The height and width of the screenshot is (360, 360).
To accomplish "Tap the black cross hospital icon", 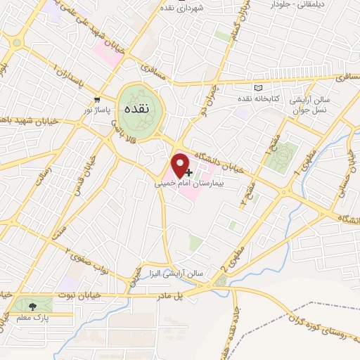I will click(188, 172).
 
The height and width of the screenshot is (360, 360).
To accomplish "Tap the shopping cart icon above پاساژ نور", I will click(96, 99).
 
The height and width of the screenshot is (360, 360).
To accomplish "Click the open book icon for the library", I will click(258, 86).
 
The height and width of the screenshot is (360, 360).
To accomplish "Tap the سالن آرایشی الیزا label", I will click(180, 272).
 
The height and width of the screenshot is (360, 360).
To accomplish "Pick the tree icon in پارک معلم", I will click(30, 306).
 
